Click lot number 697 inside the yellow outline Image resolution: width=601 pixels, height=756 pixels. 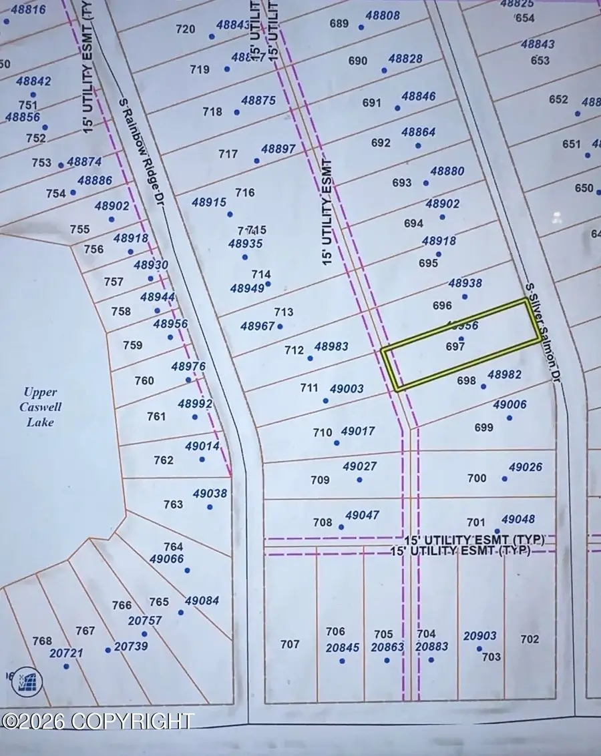[455, 347]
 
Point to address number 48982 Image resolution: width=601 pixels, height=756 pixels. [504, 375]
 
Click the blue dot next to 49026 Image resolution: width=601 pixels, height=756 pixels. [504, 478]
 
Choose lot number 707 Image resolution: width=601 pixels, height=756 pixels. [290, 644]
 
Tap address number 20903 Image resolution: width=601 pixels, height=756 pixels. [479, 636]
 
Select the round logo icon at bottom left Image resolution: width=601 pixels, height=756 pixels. [27, 681]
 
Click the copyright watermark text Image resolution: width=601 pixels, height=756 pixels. [97, 721]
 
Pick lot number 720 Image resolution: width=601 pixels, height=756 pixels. [186, 29]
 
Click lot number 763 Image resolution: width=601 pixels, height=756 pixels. [173, 504]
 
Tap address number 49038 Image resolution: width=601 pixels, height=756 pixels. [210, 494]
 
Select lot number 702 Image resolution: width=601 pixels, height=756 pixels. [530, 639]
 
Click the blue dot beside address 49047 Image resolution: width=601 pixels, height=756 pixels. [341, 527]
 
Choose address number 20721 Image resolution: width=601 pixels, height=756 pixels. [67, 653]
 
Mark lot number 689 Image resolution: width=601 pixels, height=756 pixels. [339, 24]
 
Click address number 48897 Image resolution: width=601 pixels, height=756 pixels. [278, 149]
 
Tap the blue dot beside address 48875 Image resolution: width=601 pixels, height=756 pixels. [236, 112]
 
